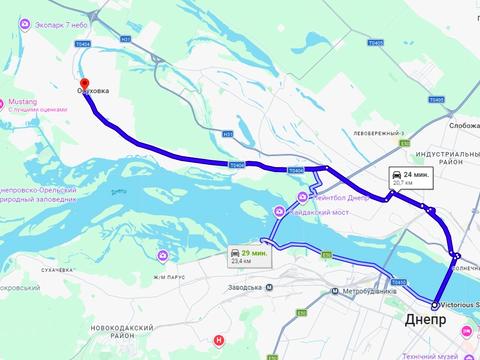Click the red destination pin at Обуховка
(x=84, y=85)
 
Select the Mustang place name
(x=22, y=102)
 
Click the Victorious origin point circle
(x=435, y=305)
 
